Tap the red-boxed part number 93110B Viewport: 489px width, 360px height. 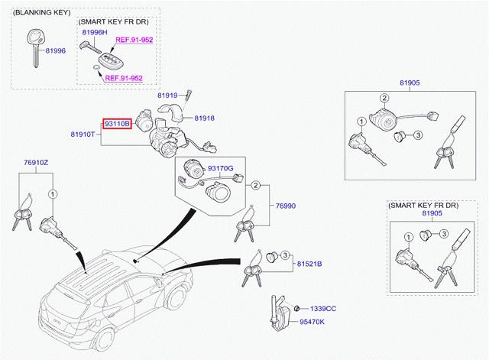(x=118, y=123)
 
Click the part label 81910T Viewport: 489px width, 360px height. (x=83, y=135)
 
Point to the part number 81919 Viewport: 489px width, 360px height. (x=167, y=96)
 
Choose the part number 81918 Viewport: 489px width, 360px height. (x=204, y=118)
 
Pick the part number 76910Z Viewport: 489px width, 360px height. (x=36, y=163)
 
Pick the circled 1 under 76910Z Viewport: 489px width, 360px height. (x=51, y=193)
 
